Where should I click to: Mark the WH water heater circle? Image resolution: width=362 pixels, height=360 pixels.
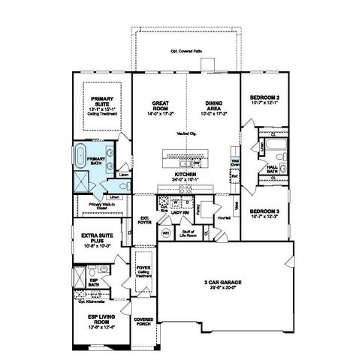point(165,234)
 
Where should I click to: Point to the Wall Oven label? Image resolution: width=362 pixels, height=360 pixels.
point(234,161)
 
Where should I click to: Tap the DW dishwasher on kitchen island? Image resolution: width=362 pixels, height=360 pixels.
point(197,162)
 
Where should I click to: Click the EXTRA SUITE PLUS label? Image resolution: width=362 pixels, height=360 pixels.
point(95,241)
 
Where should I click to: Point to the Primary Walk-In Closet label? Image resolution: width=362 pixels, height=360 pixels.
point(101,203)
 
